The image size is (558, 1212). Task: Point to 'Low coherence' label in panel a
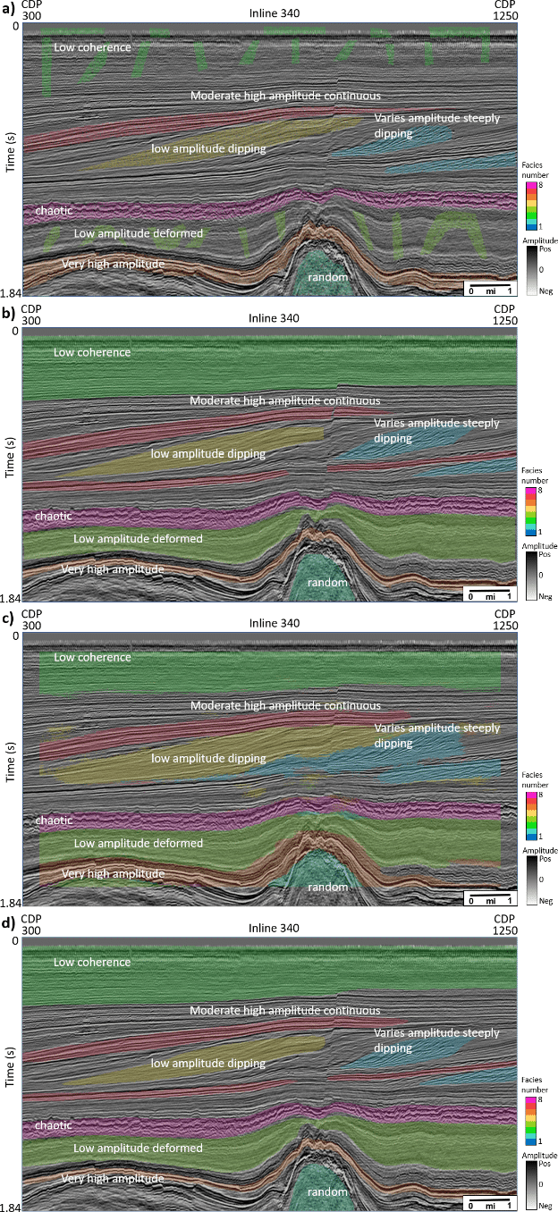click(92, 46)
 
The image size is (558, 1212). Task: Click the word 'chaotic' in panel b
click(54, 516)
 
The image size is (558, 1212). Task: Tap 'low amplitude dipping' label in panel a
click(208, 148)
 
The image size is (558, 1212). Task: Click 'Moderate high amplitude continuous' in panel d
click(285, 1010)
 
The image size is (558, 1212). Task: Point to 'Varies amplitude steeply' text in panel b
click(436, 423)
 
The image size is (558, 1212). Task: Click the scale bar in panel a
click(487, 288)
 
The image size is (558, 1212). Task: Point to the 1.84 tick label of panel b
click(10, 597)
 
